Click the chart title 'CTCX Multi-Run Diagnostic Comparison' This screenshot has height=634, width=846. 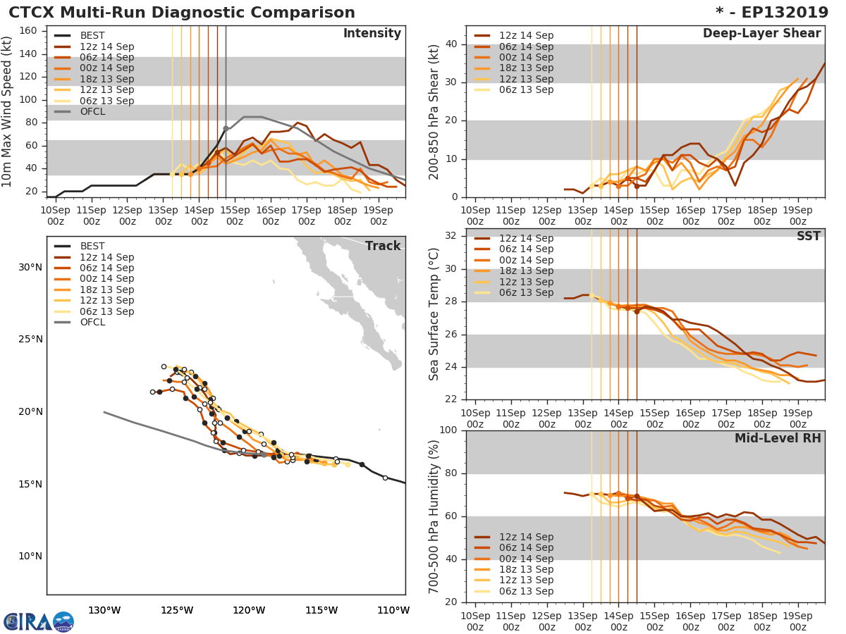pos(182,13)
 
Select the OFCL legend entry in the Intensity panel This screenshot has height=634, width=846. pos(92,112)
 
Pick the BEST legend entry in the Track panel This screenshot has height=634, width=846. pos(92,246)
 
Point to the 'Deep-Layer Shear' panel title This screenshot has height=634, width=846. pos(761,34)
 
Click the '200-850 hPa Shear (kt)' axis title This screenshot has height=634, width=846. pos(434,111)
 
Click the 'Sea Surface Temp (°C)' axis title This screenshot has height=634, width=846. pos(434,314)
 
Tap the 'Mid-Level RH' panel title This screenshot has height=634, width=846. pos(778,439)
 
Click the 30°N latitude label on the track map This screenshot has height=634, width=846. pos(30,267)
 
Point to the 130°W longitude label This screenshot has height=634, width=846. pos(104,610)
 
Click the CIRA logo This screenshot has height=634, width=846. pos(28,621)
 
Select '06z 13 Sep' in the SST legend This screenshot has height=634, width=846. pos(526,293)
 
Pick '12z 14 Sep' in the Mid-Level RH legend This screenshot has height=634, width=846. pos(526,537)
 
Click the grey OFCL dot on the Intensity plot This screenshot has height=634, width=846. pos(226,129)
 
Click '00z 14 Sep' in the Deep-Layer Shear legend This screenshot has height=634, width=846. pos(526,57)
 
